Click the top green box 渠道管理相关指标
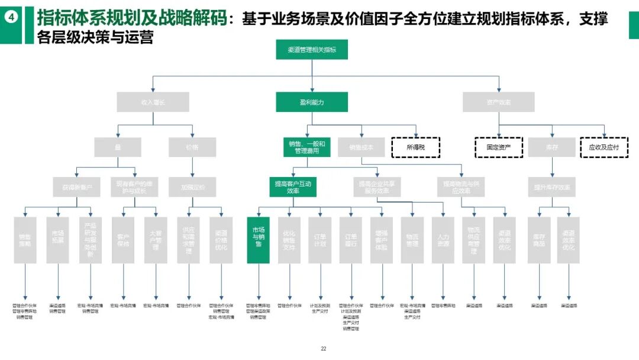pyautogui.click(x=312, y=50)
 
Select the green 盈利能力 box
pyautogui.click(x=312, y=102)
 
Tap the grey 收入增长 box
pyautogui.click(x=153, y=102)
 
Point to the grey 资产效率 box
pyautogui.click(x=498, y=102)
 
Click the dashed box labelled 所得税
pyautogui.click(x=415, y=147)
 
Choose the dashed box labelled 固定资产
pyautogui.click(x=498, y=147)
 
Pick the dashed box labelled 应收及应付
pyautogui.click(x=603, y=147)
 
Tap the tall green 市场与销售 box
pyautogui.click(x=259, y=240)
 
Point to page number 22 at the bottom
pyautogui.click(x=324, y=349)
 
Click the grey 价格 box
pyautogui.click(x=192, y=147)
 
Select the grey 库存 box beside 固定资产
pyautogui.click(x=552, y=147)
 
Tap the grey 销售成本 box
pyautogui.click(x=361, y=147)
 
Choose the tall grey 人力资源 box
pyautogui.click(x=443, y=240)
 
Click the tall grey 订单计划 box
pyautogui.click(x=319, y=240)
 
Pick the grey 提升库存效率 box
pyautogui.click(x=552, y=187)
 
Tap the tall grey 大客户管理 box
pyautogui.click(x=155, y=240)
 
